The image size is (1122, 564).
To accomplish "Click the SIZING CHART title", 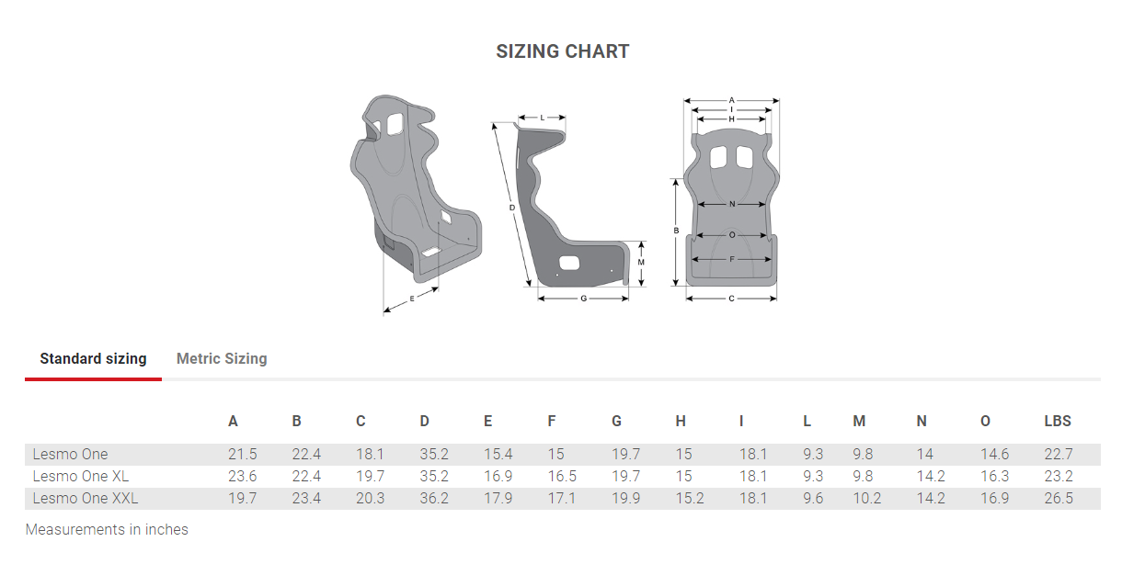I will click(562, 51).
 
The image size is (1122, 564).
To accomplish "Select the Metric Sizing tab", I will click(222, 358).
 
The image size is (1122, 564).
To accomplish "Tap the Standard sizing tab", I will click(93, 358).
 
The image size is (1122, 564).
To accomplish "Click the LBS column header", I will click(1058, 421).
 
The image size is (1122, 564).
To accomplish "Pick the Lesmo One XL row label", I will click(81, 476).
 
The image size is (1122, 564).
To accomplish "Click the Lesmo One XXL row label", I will click(86, 498).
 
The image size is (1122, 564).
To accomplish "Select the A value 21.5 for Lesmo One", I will click(243, 454).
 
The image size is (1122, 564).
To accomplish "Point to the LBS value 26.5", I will click(1059, 498).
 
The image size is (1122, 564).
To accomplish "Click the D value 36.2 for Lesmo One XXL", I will click(434, 498).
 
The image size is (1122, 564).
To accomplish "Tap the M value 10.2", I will click(866, 498).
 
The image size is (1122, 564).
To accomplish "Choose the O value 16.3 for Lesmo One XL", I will click(994, 476).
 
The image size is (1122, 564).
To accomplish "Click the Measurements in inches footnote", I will click(107, 530).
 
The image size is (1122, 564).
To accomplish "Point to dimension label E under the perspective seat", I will click(412, 299).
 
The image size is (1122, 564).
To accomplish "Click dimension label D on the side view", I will click(511, 209).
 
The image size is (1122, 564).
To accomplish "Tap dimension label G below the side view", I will click(583, 299).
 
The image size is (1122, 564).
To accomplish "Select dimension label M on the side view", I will click(640, 263).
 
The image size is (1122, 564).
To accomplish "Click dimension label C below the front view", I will click(731, 299).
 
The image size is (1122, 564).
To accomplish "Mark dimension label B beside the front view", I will click(676, 231).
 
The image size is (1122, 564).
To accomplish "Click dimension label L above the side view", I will click(543, 118).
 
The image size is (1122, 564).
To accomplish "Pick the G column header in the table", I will click(616, 421).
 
